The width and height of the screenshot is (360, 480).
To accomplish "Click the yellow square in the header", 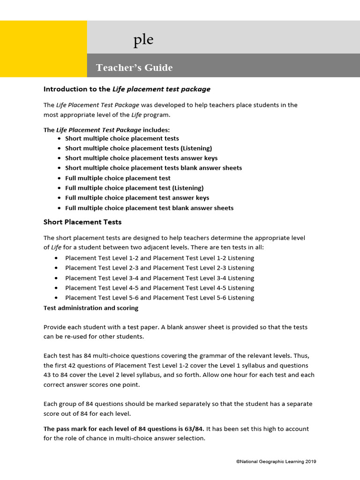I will pyautogui.click(x=43, y=49).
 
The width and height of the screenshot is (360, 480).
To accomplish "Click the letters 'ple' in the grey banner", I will pyautogui.click(x=143, y=40).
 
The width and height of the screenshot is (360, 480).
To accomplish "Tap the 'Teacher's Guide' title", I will pyautogui.click(x=134, y=67).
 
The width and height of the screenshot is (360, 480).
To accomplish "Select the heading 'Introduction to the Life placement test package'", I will pyautogui.click(x=127, y=89).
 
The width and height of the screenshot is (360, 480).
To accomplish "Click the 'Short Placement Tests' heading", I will pyautogui.click(x=82, y=222).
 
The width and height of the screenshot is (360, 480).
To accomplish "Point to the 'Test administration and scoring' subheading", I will pyautogui.click(x=91, y=308).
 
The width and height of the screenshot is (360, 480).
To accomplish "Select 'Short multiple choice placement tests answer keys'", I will pyautogui.click(x=141, y=158).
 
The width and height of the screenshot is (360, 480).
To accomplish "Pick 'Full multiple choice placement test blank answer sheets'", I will pyautogui.click(x=149, y=208).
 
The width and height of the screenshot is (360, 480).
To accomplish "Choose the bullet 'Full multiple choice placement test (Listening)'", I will pyautogui.click(x=134, y=188).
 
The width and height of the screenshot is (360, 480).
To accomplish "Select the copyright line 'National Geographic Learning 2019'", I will pyautogui.click(x=276, y=462).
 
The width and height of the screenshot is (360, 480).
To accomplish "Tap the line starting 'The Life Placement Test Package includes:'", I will pyautogui.click(x=107, y=130).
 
